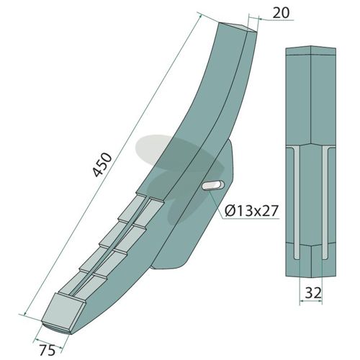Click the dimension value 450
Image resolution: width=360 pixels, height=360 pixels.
coord(103,165)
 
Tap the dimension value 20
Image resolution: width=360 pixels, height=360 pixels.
coord(282,13)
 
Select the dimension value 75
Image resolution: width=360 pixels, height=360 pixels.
coord(48,350)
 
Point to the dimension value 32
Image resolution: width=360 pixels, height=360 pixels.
coord(312,293)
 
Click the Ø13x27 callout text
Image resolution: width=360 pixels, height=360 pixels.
coord(251,211)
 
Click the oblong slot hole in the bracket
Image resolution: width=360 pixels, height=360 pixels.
coord(213,186)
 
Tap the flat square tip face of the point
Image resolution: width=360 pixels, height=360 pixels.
coord(63,312)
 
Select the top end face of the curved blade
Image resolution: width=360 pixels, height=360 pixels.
coord(237,27)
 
